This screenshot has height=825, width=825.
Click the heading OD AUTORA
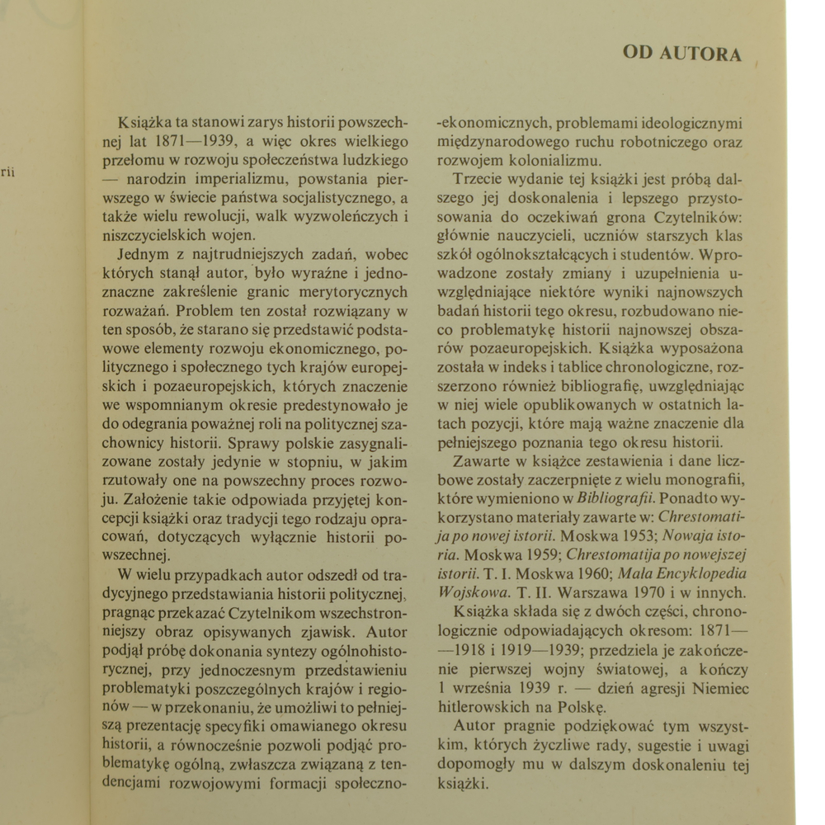click(x=682, y=54)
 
